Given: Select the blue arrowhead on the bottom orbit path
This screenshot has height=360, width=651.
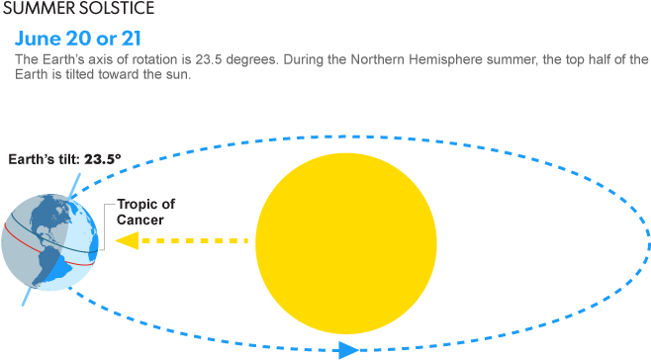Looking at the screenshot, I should [x=347, y=349].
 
